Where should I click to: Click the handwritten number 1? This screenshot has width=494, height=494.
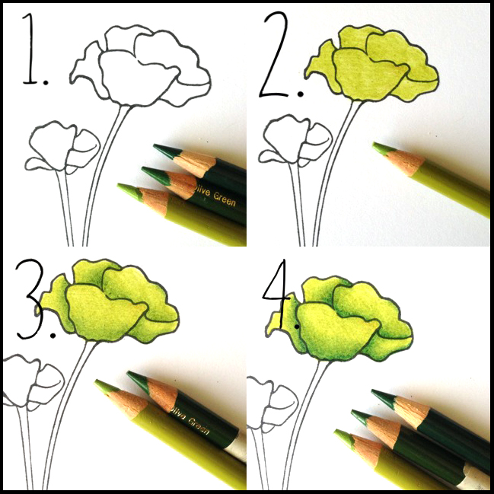(30, 49)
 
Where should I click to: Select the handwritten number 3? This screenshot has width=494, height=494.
(30, 299)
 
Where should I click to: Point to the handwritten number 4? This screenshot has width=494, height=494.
(277, 287)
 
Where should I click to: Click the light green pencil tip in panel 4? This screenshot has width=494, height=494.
(345, 437)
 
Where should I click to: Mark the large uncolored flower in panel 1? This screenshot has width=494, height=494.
(140, 66)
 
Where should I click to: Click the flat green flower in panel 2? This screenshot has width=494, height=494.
(371, 64)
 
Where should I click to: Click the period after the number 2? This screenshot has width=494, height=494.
(301, 94)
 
